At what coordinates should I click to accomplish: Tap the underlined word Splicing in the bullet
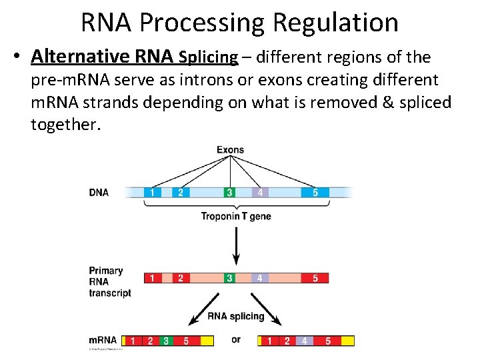point(209,57)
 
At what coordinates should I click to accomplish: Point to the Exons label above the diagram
point(230,150)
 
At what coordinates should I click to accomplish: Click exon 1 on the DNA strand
point(152,193)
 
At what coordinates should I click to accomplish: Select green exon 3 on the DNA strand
point(230,193)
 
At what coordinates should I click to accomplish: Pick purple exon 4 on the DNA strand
point(260,193)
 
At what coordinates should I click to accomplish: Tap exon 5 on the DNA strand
point(315,193)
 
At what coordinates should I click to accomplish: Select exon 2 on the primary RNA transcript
point(180,277)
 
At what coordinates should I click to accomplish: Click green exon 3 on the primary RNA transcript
point(230,277)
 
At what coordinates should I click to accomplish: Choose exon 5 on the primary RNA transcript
point(315,277)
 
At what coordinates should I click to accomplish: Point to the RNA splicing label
point(236,316)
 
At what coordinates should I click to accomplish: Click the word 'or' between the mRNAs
point(236,340)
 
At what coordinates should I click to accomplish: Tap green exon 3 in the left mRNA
point(166,341)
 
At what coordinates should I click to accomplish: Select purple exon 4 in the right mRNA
point(304,341)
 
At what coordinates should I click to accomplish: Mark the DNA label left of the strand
point(99,193)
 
